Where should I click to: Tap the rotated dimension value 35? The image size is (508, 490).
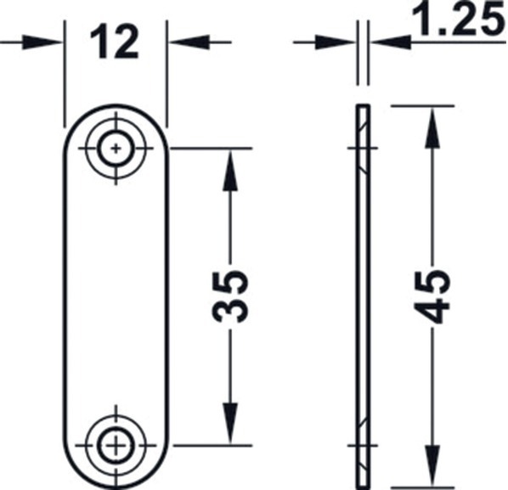click(x=229, y=296)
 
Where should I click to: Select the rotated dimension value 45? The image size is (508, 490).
click(x=434, y=296)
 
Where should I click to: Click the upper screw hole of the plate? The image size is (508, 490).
click(x=116, y=149)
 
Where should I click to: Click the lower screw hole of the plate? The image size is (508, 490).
click(x=116, y=443)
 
